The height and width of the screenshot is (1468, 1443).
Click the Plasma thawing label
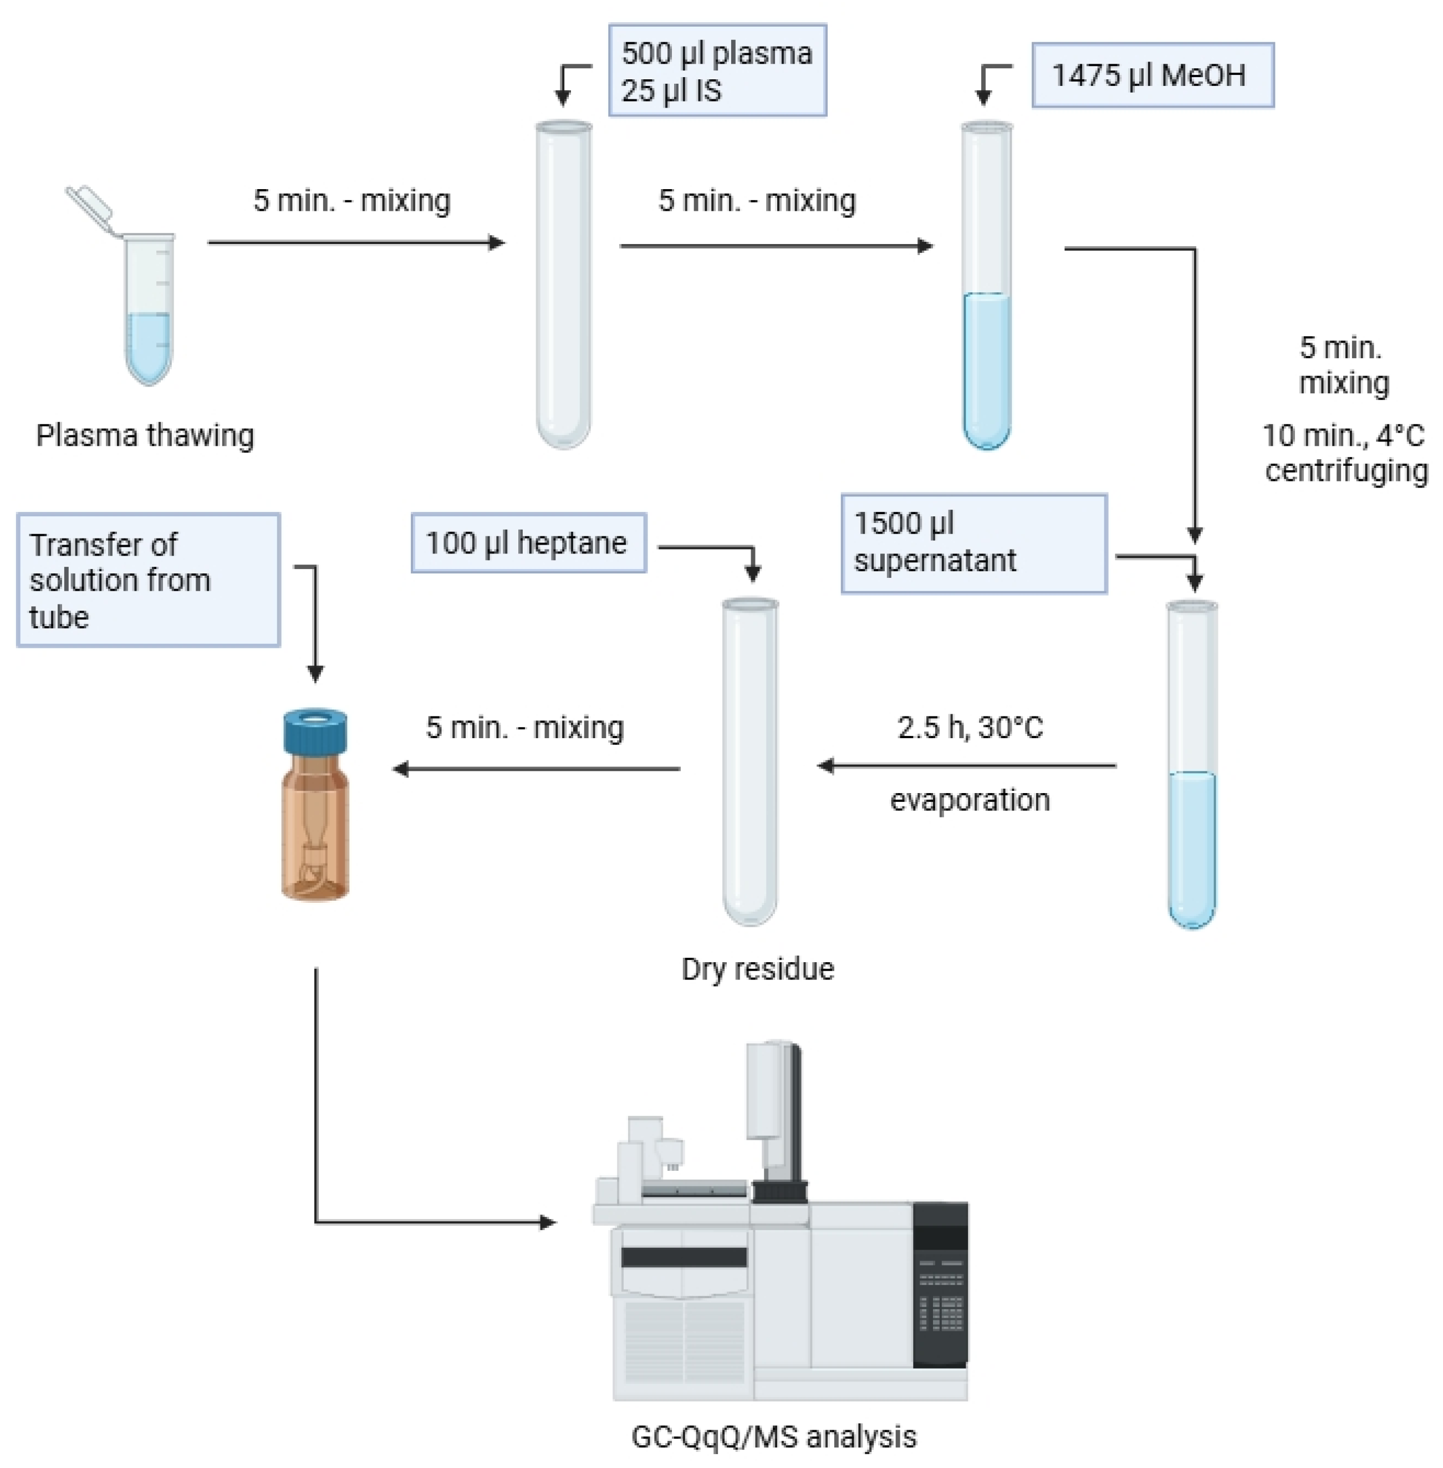145,435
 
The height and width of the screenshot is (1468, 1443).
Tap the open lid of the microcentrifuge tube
89,207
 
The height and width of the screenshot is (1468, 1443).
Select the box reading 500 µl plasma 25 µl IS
717,70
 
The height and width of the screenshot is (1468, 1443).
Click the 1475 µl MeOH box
1152,75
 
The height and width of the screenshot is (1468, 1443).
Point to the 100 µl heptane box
528,543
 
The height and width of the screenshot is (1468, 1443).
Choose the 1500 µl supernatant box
974,543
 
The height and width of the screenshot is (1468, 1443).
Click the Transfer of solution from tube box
149,580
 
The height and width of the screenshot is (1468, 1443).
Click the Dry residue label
757,969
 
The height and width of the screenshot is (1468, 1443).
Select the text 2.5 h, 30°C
970,727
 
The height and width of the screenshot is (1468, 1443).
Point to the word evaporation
970,800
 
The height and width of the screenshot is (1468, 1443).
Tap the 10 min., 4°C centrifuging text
1344,453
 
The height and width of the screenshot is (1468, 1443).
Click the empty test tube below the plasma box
563,288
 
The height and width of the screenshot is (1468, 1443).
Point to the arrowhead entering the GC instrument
547,1222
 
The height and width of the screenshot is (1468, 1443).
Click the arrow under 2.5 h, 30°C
966,766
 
